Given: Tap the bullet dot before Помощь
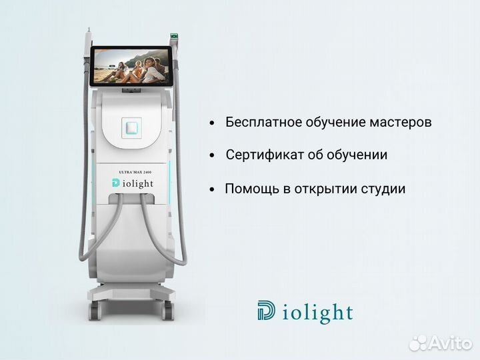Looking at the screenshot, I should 212,190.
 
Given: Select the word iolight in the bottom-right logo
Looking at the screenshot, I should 317,313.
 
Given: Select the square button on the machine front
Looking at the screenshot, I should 131,126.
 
